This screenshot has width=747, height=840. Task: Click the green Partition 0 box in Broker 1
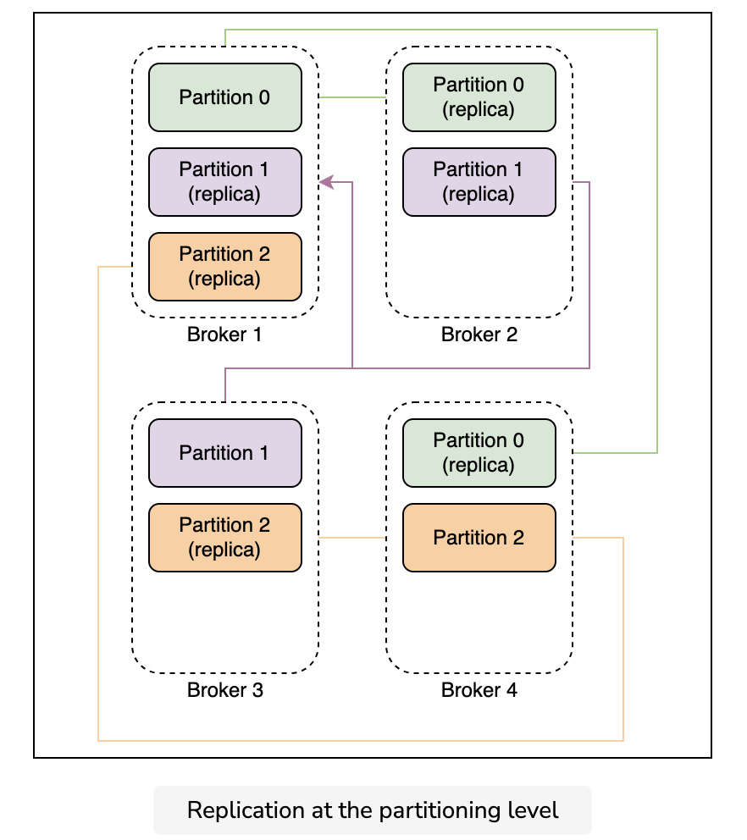pos(225,97)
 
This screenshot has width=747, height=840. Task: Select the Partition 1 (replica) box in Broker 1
pos(225,182)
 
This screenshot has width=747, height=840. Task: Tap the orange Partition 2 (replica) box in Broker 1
pos(225,267)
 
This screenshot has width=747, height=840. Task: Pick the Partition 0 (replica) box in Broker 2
pos(479,97)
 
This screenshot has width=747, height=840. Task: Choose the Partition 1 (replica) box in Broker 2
pos(479,182)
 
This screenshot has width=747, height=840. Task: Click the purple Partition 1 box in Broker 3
pos(225,453)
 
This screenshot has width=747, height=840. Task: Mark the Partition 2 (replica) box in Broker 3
pos(225,538)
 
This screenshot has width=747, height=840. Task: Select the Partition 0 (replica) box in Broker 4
pos(479,453)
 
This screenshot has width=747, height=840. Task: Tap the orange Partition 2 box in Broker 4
pos(479,538)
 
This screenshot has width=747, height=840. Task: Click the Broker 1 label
pos(224,334)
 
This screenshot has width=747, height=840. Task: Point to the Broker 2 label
pos(479,334)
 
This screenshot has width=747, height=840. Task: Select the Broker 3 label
pos(225,690)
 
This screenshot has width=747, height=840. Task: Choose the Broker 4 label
pos(479,690)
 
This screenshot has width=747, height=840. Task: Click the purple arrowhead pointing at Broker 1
pos(326,182)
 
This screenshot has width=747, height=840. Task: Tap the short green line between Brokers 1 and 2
pos(352,97)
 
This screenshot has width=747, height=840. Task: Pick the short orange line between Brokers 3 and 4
pos(352,538)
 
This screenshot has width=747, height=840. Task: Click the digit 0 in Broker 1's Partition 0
pos(264,97)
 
